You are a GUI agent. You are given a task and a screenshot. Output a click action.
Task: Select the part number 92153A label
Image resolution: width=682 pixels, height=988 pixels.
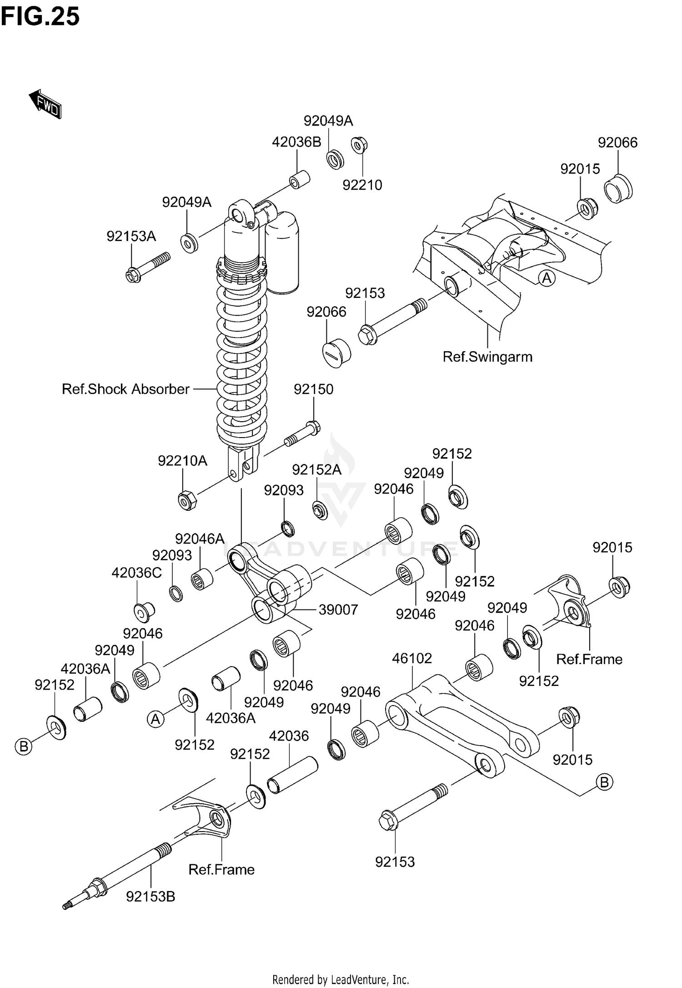click(x=131, y=236)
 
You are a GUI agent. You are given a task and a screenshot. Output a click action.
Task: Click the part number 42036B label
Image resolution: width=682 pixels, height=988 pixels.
click(x=296, y=142)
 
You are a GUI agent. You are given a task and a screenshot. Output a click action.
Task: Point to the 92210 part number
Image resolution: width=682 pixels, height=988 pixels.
click(x=362, y=185)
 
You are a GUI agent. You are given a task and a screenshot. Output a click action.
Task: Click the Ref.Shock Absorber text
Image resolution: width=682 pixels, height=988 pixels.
click(x=125, y=389)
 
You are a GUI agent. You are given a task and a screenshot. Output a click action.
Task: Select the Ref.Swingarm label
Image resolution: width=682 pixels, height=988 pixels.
click(x=487, y=357)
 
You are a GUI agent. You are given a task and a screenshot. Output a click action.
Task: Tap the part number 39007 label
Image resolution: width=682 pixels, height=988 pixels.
click(x=338, y=610)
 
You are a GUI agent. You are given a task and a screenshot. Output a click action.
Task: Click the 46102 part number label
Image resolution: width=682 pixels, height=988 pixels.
click(x=411, y=658)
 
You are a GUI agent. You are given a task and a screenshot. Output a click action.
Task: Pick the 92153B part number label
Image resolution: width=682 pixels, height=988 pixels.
click(x=150, y=897)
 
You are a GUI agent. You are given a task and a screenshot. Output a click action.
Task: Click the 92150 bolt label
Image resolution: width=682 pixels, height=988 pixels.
click(x=313, y=389)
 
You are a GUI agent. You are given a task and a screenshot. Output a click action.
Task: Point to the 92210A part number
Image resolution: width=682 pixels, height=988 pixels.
click(x=182, y=461)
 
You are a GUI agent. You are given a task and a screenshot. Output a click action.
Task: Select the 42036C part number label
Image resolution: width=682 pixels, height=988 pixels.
click(x=136, y=573)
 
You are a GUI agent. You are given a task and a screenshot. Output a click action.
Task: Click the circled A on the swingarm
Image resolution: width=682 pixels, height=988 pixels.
click(x=547, y=278)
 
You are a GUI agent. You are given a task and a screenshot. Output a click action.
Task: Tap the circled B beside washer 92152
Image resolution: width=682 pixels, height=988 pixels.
click(x=24, y=746)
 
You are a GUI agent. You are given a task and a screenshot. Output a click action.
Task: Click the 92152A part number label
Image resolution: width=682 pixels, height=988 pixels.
click(x=316, y=469)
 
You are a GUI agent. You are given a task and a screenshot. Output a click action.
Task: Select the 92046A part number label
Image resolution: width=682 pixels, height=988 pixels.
click(x=200, y=539)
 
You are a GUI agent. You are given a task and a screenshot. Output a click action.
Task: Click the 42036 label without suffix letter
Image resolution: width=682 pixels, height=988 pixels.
click(x=289, y=736)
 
